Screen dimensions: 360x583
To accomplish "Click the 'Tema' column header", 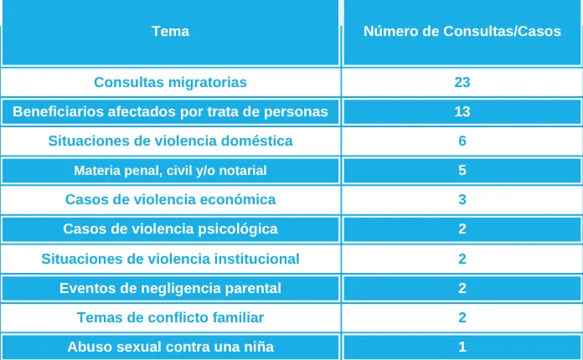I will (x=170, y=32).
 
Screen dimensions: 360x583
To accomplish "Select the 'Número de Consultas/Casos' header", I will (x=462, y=32).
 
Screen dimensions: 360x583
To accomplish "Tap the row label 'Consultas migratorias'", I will (x=170, y=82).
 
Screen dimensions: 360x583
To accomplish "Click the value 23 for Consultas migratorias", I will (x=462, y=82).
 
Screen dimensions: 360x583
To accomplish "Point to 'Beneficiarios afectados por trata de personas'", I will (x=170, y=111).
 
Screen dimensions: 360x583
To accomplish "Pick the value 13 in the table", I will (x=462, y=111).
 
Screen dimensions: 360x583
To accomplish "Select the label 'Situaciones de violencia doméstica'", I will (x=170, y=141).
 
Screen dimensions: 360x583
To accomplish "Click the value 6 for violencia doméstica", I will (x=462, y=141).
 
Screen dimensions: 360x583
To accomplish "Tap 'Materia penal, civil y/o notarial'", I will (x=170, y=171).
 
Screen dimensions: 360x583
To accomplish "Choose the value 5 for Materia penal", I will (x=462, y=171).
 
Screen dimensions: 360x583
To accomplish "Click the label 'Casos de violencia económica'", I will (x=170, y=200).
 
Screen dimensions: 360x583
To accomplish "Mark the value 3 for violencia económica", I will (x=462, y=200).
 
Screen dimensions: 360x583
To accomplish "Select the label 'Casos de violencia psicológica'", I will (x=170, y=229).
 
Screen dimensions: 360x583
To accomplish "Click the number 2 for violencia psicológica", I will (x=462, y=229).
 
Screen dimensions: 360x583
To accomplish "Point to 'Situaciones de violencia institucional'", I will (x=170, y=259).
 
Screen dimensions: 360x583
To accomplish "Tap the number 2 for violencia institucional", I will (x=462, y=259).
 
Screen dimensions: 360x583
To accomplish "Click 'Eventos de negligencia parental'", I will (x=170, y=289).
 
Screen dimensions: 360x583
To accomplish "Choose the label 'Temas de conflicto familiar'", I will (x=170, y=318).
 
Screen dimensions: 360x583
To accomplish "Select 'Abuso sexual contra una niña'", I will (x=170, y=347).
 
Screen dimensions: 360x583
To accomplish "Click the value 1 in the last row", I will (x=462, y=347).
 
